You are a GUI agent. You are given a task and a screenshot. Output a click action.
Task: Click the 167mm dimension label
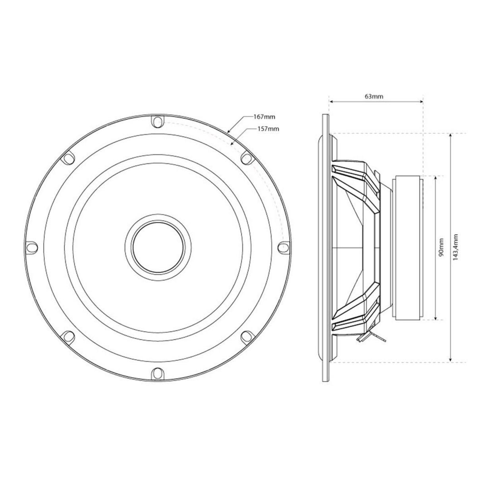(x=264, y=117)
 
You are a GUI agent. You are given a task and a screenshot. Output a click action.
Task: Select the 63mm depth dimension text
(x=374, y=96)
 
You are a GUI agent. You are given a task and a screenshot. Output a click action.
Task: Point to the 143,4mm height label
(x=457, y=247)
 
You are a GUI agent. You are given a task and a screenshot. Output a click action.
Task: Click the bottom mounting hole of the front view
(x=158, y=373)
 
